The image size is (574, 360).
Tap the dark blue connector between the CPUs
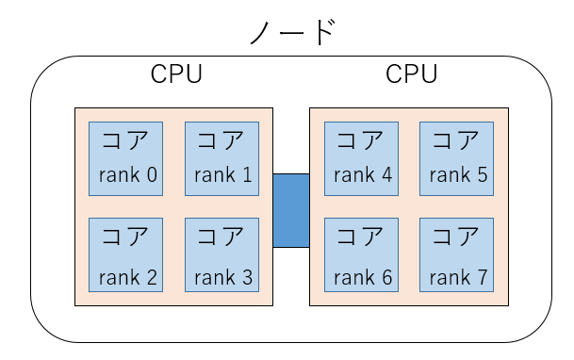point(291,210)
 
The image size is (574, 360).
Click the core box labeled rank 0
point(125,158)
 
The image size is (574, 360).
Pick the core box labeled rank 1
point(221,158)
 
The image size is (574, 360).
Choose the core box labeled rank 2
point(125,254)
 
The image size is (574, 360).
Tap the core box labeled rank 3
point(221,254)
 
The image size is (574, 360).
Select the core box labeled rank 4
point(361,158)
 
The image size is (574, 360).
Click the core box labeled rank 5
point(457,158)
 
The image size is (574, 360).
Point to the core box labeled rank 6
point(361,254)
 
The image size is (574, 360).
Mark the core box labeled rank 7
point(457,254)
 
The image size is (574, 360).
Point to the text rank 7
point(457,277)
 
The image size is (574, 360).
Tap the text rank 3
point(222,277)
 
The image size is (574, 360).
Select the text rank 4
point(361,175)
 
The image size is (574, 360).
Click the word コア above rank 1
point(221,141)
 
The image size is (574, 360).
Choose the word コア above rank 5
point(457,141)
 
